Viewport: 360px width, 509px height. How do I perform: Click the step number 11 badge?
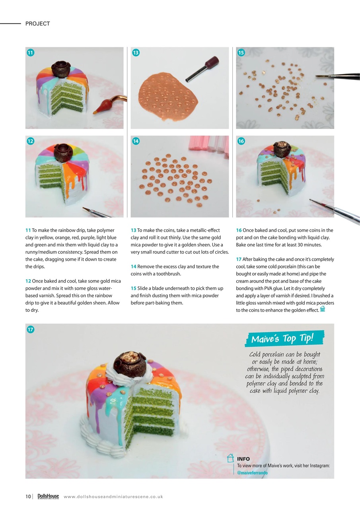30,52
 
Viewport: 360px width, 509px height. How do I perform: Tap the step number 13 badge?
136,52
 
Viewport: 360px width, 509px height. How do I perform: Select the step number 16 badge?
241,141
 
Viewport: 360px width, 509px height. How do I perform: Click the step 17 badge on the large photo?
30,329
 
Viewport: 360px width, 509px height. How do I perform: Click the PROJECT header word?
37,24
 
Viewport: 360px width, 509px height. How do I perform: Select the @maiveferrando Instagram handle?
252,473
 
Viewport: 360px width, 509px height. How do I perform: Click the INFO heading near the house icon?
243,459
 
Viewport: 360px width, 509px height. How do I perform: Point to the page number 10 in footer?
28,496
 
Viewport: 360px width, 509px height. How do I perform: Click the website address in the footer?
113,497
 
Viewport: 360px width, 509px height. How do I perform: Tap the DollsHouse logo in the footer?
48,496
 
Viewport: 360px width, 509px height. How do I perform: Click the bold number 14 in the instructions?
133,266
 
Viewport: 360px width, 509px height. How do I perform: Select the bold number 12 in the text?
28,281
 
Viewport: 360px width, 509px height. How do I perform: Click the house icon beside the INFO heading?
230,458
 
